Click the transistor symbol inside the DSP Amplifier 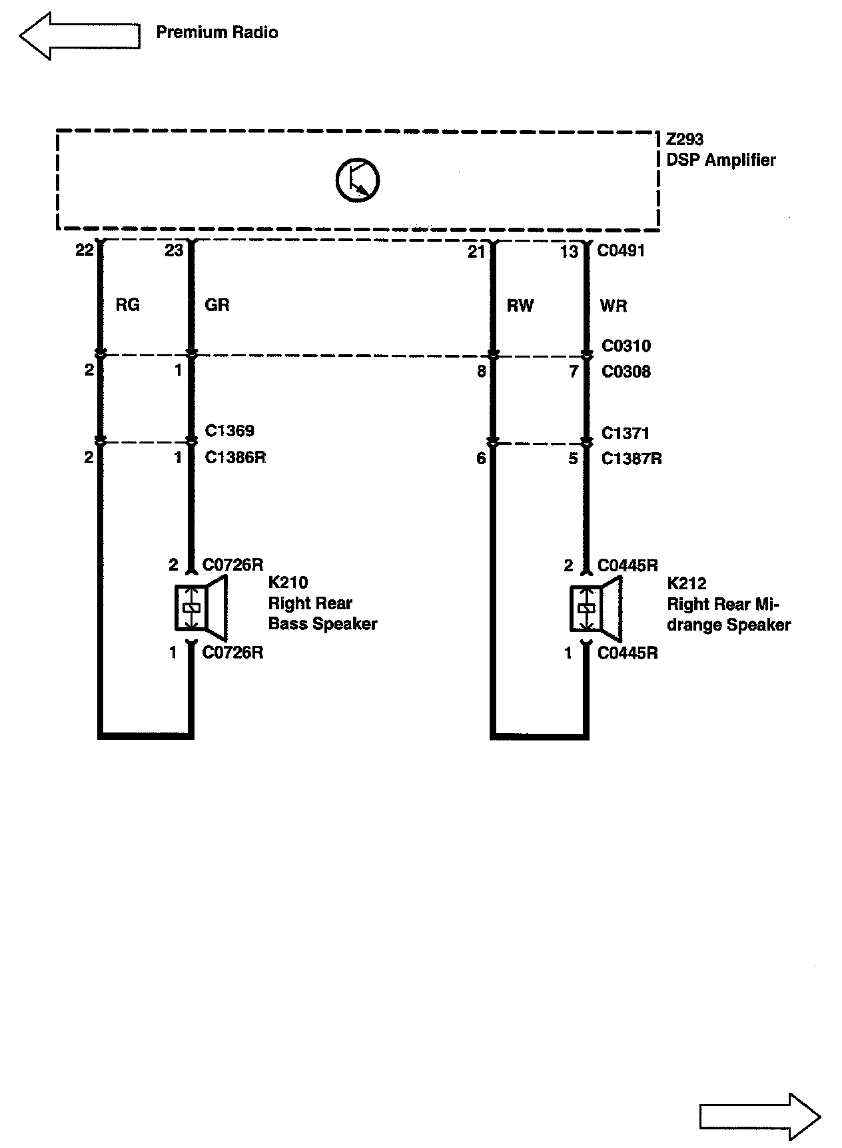357,180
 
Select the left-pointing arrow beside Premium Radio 79,35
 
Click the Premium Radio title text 216,33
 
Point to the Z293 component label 685,140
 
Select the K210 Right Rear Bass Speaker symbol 201,607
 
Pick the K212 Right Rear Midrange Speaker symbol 596,608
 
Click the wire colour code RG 127,305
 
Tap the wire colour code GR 217,305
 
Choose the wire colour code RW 520,306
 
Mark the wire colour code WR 613,306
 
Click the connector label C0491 621,251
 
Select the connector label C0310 626,346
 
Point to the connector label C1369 229,431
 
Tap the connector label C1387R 631,459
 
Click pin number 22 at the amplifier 84,250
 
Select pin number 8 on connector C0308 481,372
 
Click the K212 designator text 686,583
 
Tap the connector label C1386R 235,457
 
